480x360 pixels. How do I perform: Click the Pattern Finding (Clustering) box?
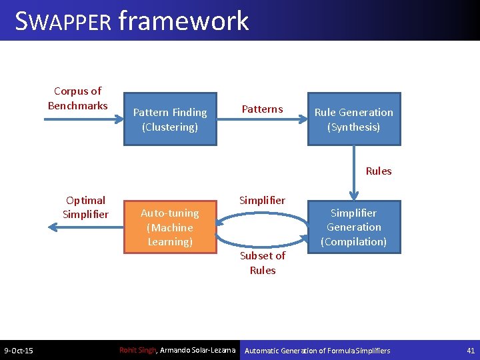[170, 119]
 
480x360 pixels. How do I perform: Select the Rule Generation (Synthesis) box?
[353, 119]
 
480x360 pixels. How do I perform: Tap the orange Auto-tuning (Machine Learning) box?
[170, 227]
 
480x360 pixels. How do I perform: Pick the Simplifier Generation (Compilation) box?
[353, 227]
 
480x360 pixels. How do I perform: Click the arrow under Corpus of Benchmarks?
[84, 120]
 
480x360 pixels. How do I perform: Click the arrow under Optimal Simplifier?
[84, 227]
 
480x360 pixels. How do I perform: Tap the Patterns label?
[262, 109]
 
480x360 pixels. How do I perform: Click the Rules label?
[379, 171]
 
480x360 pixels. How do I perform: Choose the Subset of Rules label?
[263, 263]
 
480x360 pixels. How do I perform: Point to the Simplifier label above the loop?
[262, 200]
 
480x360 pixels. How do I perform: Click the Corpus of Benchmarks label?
[77, 98]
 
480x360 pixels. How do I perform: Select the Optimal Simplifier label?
[85, 207]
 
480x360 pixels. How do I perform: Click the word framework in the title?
[183, 21]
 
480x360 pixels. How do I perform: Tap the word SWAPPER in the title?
[63, 21]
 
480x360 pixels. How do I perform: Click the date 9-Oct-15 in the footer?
[19, 351]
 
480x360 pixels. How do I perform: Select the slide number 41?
[470, 350]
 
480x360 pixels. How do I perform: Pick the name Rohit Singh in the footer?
[137, 350]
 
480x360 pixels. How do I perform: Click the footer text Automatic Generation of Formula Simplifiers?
[318, 350]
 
